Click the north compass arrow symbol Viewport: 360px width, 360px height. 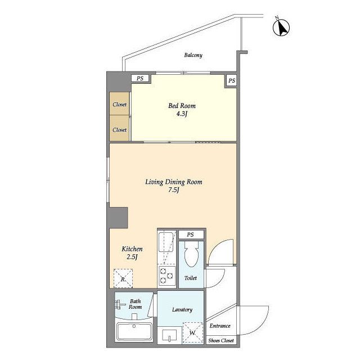281,28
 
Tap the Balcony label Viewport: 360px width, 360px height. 193,55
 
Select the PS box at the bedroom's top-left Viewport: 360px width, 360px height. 140,78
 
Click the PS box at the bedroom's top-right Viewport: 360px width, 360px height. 231,80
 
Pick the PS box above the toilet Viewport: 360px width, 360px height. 191,235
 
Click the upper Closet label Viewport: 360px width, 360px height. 120,105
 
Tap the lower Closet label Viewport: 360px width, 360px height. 120,130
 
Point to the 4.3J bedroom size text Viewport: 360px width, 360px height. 182,114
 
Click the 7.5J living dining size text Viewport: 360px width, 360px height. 174,190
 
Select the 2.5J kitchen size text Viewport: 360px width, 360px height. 132,256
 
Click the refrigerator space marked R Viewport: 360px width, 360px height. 123,278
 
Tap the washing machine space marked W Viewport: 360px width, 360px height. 193,332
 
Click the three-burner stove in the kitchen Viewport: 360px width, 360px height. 167,276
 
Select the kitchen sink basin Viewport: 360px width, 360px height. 166,242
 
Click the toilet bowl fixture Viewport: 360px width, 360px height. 191,254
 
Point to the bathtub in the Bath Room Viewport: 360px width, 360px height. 134,332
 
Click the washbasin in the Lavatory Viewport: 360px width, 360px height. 169,336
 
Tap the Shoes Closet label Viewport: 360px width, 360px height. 221,341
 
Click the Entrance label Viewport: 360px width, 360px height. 220,326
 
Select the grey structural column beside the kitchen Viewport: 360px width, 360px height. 119,218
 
